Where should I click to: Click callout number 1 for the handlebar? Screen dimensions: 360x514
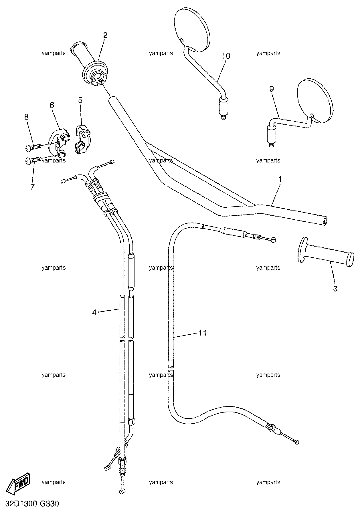point(280,179)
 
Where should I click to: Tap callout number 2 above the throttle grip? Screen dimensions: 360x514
point(105,35)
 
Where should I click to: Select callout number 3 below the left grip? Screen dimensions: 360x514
point(335,289)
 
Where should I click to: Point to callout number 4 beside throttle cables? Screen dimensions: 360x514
point(94,312)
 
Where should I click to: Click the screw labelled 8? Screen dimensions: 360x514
point(33,147)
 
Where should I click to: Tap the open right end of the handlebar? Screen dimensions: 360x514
point(325,221)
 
